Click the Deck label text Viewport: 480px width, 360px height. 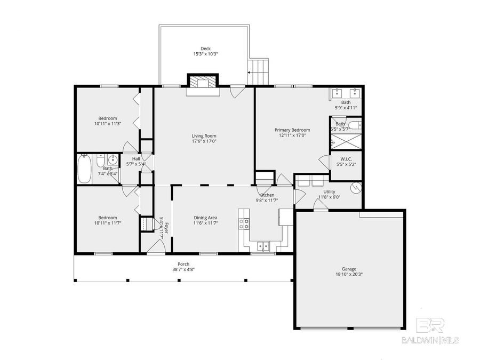pos(205,48)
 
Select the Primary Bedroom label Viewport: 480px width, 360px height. pos(292,130)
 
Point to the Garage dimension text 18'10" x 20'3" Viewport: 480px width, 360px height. pos(349,275)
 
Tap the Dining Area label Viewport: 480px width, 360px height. pos(205,218)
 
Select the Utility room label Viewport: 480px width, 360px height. pos(329,191)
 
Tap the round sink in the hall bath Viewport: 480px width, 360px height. pos(112,160)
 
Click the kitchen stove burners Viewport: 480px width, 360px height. pos(245,224)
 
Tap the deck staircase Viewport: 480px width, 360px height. pos(259,71)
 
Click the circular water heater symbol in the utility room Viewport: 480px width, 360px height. pos(355,188)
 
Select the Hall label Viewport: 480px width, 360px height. pos(136,159)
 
